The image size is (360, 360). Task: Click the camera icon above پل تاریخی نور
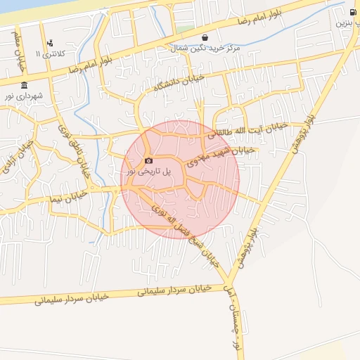tap(148, 161)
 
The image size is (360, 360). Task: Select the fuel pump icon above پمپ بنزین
tap(352, 12)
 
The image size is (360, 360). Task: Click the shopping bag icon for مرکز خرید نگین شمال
tap(205, 38)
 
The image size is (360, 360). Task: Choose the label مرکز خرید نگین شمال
tap(204, 48)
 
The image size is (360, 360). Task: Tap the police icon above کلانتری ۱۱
tap(49, 44)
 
